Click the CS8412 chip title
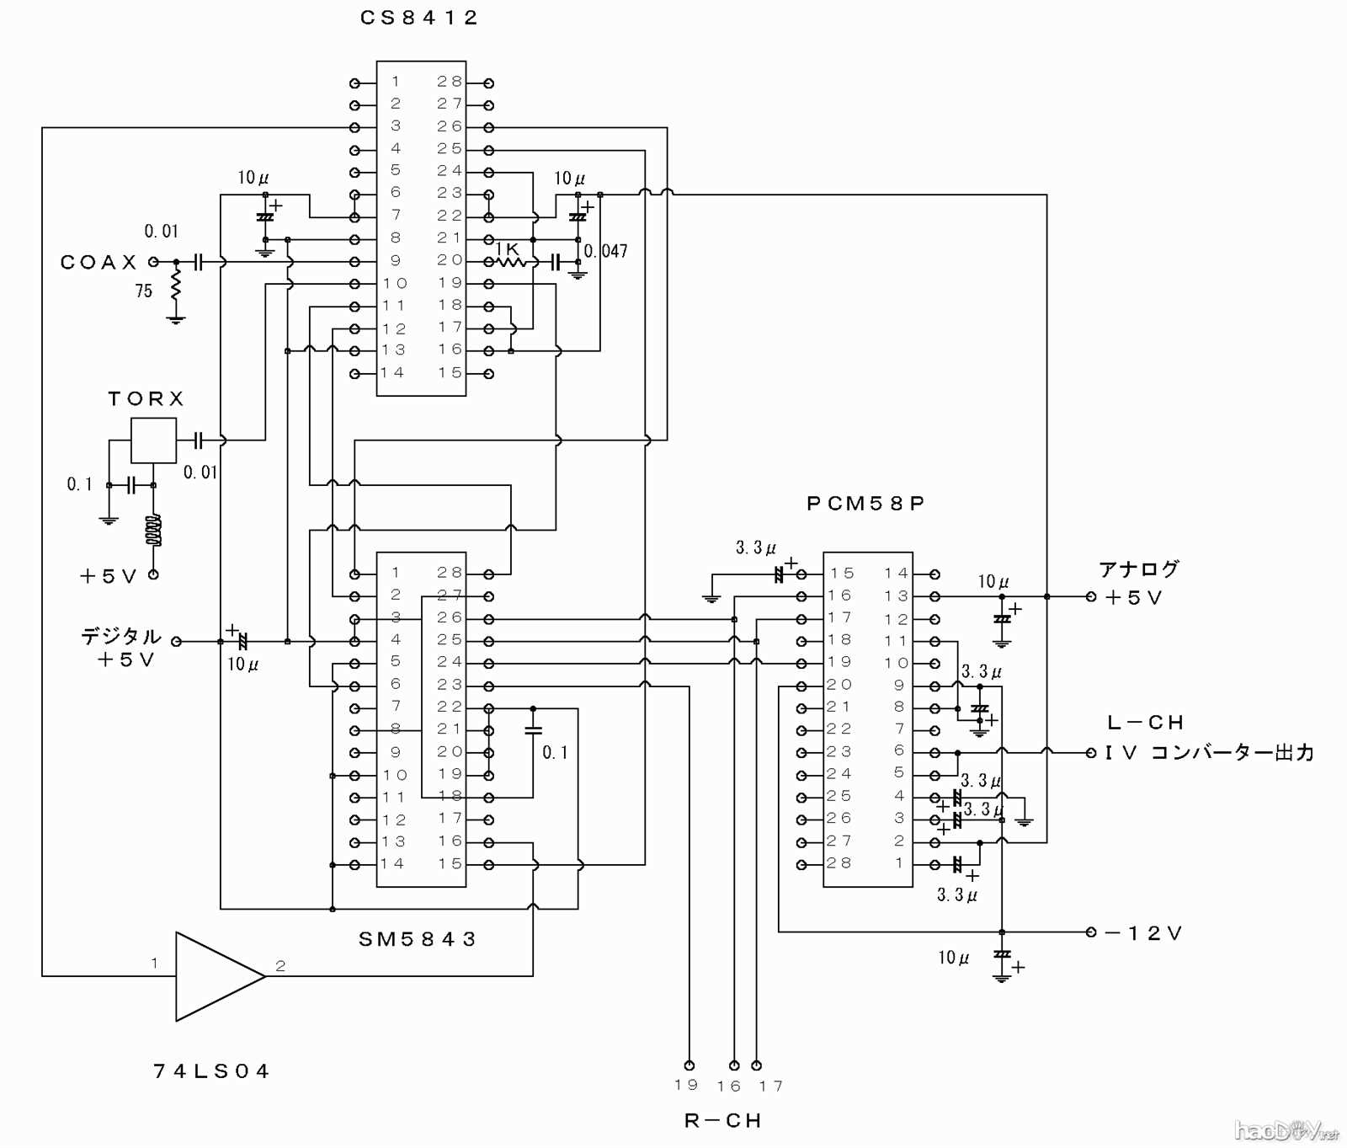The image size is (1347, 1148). pyautogui.click(x=418, y=18)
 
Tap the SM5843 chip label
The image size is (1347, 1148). pyautogui.click(x=418, y=939)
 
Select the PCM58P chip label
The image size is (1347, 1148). pyautogui.click(x=865, y=504)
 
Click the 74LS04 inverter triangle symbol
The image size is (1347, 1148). pyautogui.click(x=215, y=976)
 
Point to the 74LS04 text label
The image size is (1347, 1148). pyautogui.click(x=211, y=1071)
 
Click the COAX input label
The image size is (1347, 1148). pyautogui.click(x=98, y=262)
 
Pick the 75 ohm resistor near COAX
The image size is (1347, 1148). pyautogui.click(x=175, y=285)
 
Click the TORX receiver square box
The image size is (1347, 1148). pyautogui.click(x=153, y=440)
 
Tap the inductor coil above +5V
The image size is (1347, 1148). pyautogui.click(x=153, y=531)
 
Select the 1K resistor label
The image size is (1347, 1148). pyautogui.click(x=508, y=249)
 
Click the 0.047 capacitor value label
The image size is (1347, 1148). pyautogui.click(x=606, y=251)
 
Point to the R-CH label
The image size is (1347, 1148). pyautogui.click(x=722, y=1121)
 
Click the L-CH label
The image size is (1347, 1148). pyautogui.click(x=1146, y=723)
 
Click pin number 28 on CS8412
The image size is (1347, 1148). pyautogui.click(x=450, y=82)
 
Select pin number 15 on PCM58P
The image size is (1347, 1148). pyautogui.click(x=842, y=574)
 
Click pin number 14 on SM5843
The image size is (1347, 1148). pyautogui.click(x=392, y=864)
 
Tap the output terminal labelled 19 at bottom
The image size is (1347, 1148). pyautogui.click(x=689, y=1065)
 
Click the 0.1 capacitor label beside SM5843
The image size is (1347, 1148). pyautogui.click(x=555, y=752)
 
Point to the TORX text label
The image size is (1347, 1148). pyautogui.click(x=146, y=398)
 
